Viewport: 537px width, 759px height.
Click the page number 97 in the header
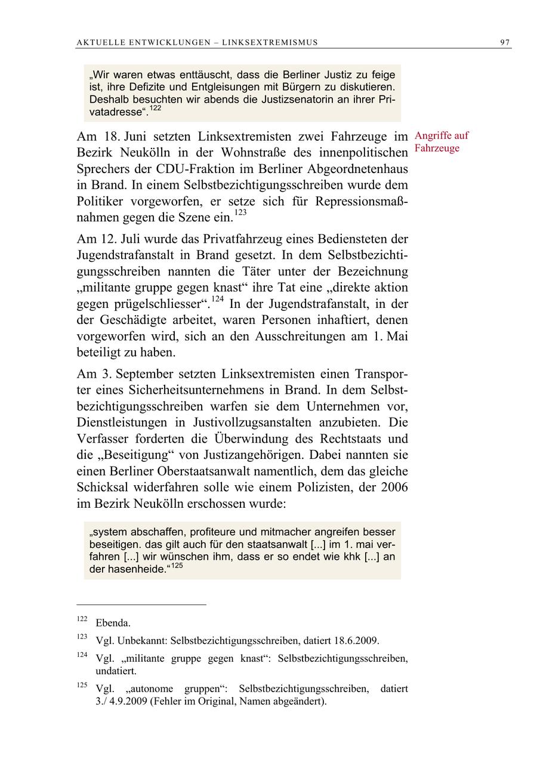pyautogui.click(x=505, y=42)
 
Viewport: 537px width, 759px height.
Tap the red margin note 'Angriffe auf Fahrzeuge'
pyautogui.click(x=441, y=142)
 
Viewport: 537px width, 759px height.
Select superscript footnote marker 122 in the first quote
pyautogui.click(x=155, y=108)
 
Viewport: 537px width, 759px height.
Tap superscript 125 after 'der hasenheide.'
pyautogui.click(x=177, y=566)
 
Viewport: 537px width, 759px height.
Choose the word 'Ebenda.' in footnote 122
pyautogui.click(x=113, y=623)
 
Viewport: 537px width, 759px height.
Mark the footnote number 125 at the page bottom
pyautogui.click(x=82, y=686)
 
